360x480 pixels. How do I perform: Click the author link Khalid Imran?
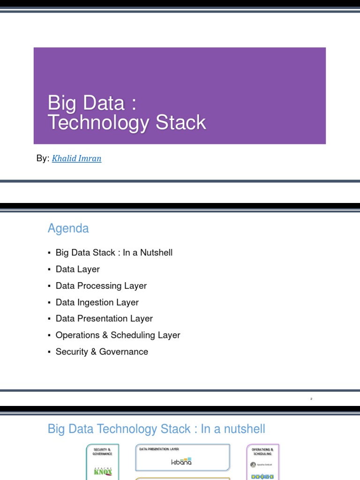(76, 158)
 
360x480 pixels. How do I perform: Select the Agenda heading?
(68, 228)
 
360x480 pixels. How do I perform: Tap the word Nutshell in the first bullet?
(155, 253)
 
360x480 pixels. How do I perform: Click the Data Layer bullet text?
(77, 269)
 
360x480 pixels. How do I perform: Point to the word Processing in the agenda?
(98, 286)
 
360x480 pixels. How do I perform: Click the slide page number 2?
(311, 399)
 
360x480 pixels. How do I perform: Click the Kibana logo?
(181, 461)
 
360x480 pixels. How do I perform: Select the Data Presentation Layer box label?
(159, 449)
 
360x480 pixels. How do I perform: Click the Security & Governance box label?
(103, 451)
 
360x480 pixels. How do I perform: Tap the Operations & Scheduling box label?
(262, 451)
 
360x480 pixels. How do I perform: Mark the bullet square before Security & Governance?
(49, 352)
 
